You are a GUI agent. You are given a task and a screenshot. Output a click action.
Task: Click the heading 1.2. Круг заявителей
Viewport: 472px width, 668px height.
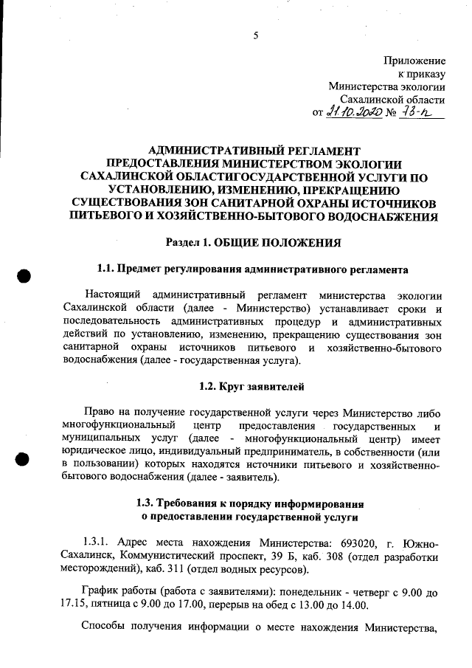tap(252, 386)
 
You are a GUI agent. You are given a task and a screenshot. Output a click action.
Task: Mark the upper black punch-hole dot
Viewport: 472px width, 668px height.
tap(24, 275)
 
